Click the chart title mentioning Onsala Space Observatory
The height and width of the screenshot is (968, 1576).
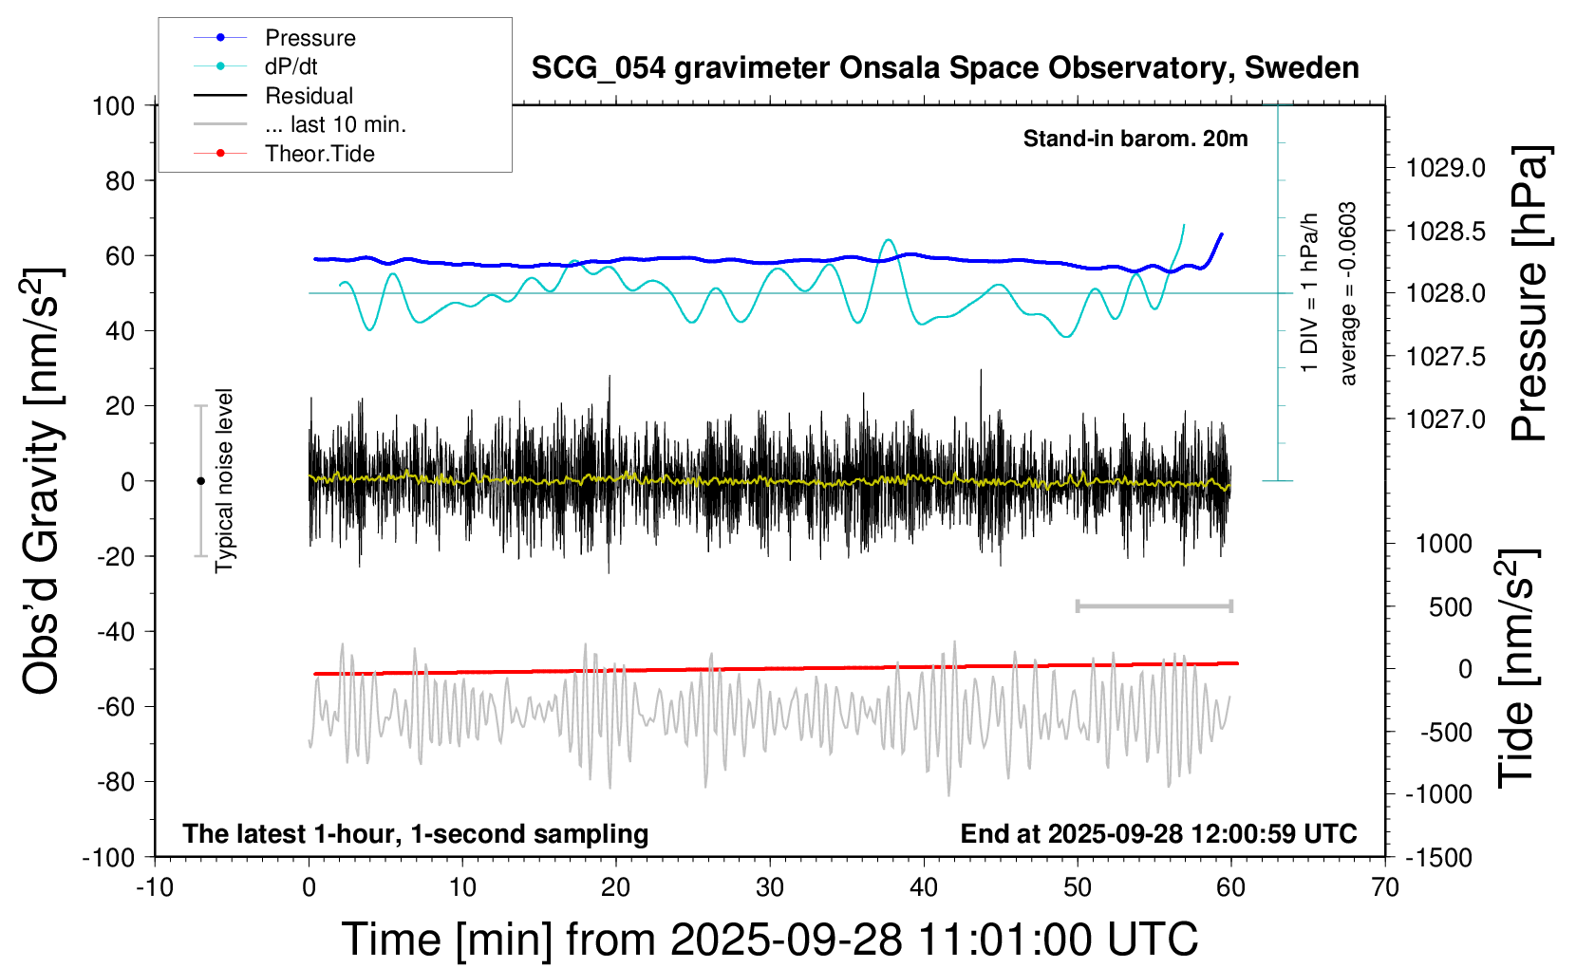tap(945, 68)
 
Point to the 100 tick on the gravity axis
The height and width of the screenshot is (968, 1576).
tap(114, 105)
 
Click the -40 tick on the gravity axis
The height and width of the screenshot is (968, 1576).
tap(116, 631)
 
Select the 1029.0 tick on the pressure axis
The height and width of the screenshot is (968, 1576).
tap(1446, 168)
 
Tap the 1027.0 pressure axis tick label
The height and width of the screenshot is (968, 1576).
tap(1446, 419)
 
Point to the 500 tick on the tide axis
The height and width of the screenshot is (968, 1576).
tap(1451, 607)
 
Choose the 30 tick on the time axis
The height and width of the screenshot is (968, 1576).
tap(770, 888)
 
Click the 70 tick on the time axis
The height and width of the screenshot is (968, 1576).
tap(1385, 888)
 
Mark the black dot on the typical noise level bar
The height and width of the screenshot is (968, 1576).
tap(200, 481)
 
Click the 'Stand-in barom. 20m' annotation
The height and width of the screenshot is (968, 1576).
tap(1135, 139)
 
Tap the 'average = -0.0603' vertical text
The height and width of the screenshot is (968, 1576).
tap(1348, 293)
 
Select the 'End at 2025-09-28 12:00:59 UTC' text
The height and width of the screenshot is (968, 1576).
tap(1158, 834)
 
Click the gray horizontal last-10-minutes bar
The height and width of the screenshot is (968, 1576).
tap(1154, 605)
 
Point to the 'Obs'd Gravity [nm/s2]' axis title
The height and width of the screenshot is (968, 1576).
tap(43, 481)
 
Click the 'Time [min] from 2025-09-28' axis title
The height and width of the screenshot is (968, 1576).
tap(770, 940)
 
